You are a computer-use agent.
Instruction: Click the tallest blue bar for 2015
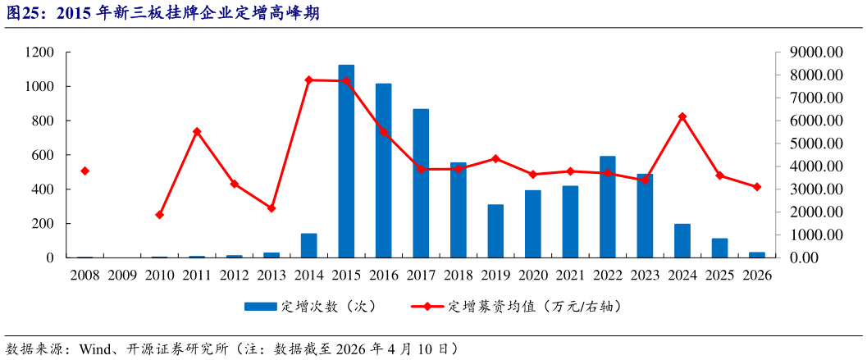tap(346, 161)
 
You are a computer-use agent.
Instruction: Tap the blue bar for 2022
tap(608, 207)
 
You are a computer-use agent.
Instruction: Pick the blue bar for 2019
tap(495, 230)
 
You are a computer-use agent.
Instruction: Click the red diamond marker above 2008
tap(84, 171)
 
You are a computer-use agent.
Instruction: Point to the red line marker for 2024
tap(682, 116)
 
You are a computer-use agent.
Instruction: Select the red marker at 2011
tap(197, 131)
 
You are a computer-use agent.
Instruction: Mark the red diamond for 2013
tap(272, 208)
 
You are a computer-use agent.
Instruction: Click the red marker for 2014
tap(309, 80)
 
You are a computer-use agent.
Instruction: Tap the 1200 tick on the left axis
tap(39, 52)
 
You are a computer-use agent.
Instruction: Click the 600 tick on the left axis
tap(43, 155)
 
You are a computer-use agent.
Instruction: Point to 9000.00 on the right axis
tap(817, 52)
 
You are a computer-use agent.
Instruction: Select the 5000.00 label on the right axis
tap(817, 144)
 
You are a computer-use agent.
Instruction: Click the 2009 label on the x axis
tap(122, 276)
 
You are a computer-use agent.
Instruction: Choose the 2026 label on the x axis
tap(756, 276)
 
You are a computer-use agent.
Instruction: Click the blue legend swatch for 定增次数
tap(260, 307)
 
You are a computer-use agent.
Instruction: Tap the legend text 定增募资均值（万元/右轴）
tap(533, 307)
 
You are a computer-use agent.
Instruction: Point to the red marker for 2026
tap(757, 187)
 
